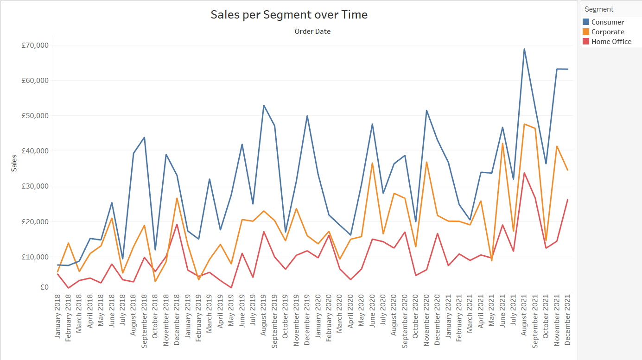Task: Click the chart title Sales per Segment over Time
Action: (289, 14)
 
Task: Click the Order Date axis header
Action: (312, 32)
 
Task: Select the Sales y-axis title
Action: (14, 163)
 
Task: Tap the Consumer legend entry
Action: (607, 22)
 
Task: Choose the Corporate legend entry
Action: (607, 32)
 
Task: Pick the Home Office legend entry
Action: (611, 42)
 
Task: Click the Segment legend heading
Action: (599, 9)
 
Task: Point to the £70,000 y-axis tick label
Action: (35, 45)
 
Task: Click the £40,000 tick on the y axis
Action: (35, 151)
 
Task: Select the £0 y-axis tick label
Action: (44, 287)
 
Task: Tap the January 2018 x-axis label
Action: (58, 316)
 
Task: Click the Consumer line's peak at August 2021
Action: (524, 49)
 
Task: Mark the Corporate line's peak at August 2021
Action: (524, 124)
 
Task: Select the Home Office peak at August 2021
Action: (524, 173)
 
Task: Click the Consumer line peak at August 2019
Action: (264, 106)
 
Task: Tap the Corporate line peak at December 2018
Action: (177, 198)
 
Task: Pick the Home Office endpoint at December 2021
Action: (567, 200)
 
